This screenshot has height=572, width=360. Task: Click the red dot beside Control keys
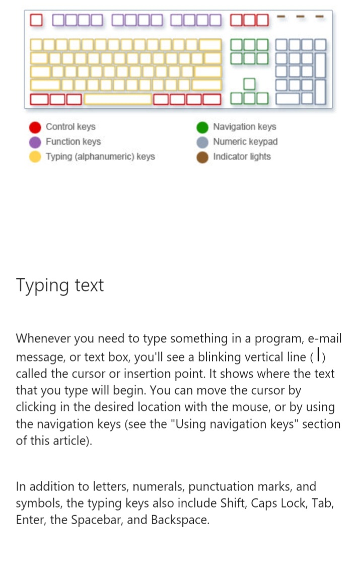pyautogui.click(x=35, y=127)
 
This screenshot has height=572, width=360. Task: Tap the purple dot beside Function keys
pyautogui.click(x=35, y=142)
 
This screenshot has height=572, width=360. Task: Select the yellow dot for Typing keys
pyautogui.click(x=35, y=157)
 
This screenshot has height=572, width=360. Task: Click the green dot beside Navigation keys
pyautogui.click(x=203, y=127)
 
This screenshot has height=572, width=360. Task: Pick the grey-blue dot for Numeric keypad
pyautogui.click(x=203, y=142)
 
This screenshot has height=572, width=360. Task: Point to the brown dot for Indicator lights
pyautogui.click(x=203, y=157)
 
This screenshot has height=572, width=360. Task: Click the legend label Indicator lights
pyautogui.click(x=242, y=157)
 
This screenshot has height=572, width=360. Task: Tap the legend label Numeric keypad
pyautogui.click(x=245, y=142)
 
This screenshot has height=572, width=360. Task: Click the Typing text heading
pyautogui.click(x=60, y=285)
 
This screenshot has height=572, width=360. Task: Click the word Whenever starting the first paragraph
pyautogui.click(x=44, y=338)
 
